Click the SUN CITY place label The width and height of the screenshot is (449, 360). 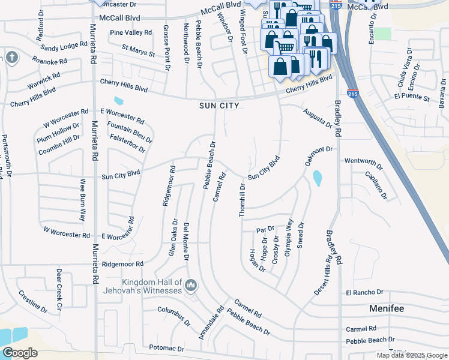[x=220, y=106]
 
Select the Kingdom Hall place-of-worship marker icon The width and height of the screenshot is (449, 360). [x=191, y=284]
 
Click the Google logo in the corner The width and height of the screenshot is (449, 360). [x=20, y=353]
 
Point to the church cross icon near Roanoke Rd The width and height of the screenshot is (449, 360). [x=12, y=58]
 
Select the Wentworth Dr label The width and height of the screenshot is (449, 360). [x=363, y=162]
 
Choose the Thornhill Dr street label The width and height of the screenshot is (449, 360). [x=243, y=201]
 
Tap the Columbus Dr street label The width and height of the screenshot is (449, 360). [x=174, y=316]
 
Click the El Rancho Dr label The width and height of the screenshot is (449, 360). [x=364, y=292]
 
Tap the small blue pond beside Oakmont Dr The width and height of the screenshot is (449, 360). [x=317, y=178]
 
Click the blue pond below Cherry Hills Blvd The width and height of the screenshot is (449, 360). [x=118, y=100]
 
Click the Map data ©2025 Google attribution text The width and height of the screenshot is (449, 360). [x=412, y=355]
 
